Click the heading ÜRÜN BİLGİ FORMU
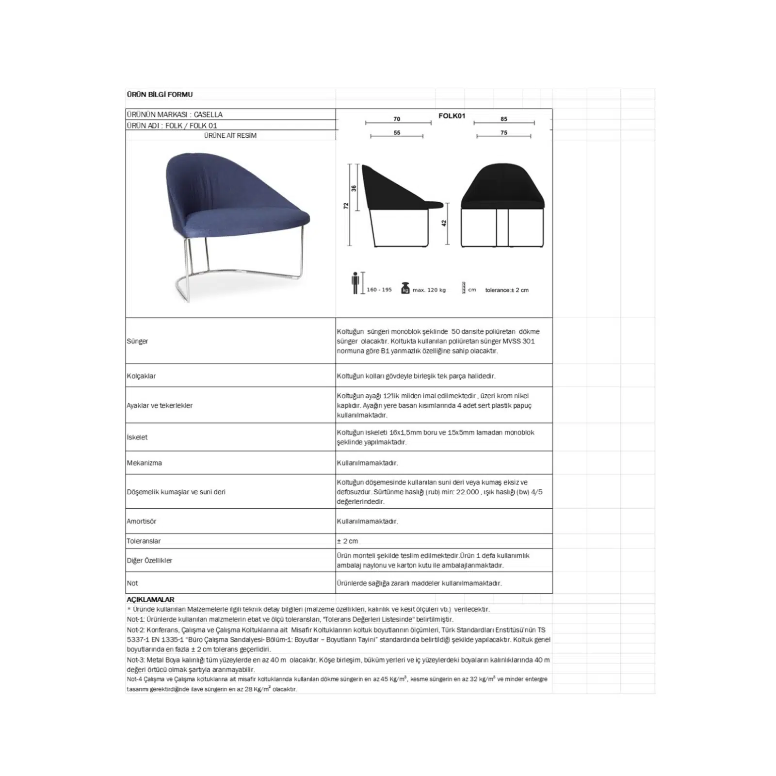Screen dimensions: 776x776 point(160,95)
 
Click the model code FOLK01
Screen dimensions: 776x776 point(452,116)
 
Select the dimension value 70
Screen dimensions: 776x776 point(397,119)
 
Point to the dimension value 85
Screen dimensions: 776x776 point(504,119)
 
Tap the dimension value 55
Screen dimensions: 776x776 point(397,133)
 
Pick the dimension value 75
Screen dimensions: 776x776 point(504,133)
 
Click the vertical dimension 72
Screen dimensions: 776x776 point(346,206)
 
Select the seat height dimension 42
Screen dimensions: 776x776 point(444,223)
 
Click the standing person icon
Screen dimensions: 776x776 point(356,283)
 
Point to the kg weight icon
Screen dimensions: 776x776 point(405,288)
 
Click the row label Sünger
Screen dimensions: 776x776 point(137,341)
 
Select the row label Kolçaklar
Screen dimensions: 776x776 point(141,376)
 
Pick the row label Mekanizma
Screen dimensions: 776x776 point(144,463)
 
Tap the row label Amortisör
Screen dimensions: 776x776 point(141,521)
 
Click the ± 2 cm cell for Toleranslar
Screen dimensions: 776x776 point(347,541)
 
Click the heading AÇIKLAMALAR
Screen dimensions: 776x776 point(150,599)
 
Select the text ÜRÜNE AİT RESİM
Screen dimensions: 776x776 point(230,136)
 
